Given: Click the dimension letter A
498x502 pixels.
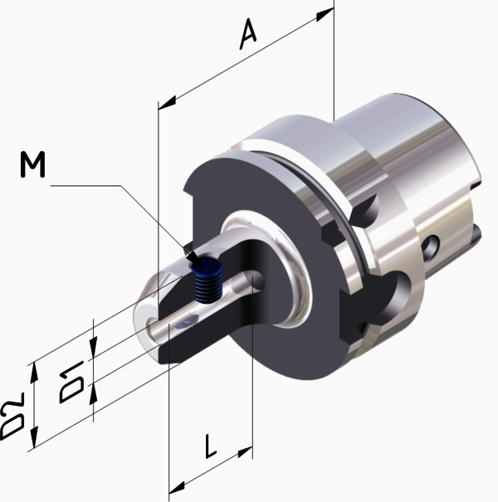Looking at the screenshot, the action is tap(248, 34).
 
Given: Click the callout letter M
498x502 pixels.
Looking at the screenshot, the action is tap(32, 164).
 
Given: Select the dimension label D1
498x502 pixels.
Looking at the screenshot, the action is tap(71, 383).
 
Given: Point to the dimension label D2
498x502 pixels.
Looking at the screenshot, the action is tap(12, 417).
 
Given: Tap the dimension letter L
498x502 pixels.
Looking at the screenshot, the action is tap(210, 446).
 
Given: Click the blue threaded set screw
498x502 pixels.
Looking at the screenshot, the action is tap(208, 280).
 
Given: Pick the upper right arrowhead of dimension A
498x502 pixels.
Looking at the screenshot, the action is tap(325, 14).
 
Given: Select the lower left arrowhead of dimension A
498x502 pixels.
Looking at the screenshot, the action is tap(167, 102).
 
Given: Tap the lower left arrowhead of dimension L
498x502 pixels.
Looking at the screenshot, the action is tap(177, 487).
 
